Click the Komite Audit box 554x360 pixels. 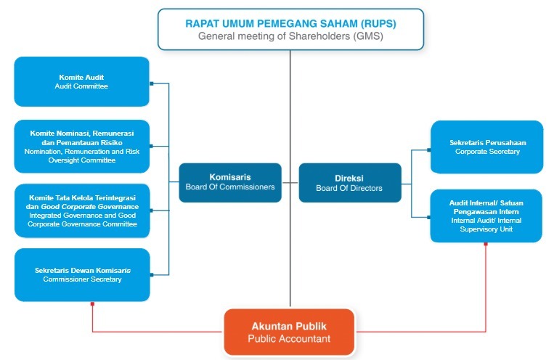(x=81, y=81)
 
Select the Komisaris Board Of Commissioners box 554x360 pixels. (x=230, y=182)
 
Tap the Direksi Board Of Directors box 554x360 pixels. (x=349, y=182)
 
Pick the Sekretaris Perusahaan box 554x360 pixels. (x=486, y=147)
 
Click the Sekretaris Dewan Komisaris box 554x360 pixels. (x=82, y=274)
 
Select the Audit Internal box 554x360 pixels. (x=486, y=216)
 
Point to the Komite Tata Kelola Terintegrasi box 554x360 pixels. (x=82, y=210)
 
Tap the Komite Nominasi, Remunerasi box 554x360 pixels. (x=82, y=147)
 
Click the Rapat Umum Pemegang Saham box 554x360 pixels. (x=290, y=29)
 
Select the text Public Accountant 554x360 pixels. (x=289, y=339)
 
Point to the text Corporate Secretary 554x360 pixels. (x=487, y=152)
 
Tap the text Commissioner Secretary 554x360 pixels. (x=82, y=279)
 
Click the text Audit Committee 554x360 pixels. (x=81, y=86)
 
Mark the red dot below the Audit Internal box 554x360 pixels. (x=486, y=243)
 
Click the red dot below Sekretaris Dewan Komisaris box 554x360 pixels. (x=92, y=303)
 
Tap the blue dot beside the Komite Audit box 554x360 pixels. (x=151, y=83)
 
